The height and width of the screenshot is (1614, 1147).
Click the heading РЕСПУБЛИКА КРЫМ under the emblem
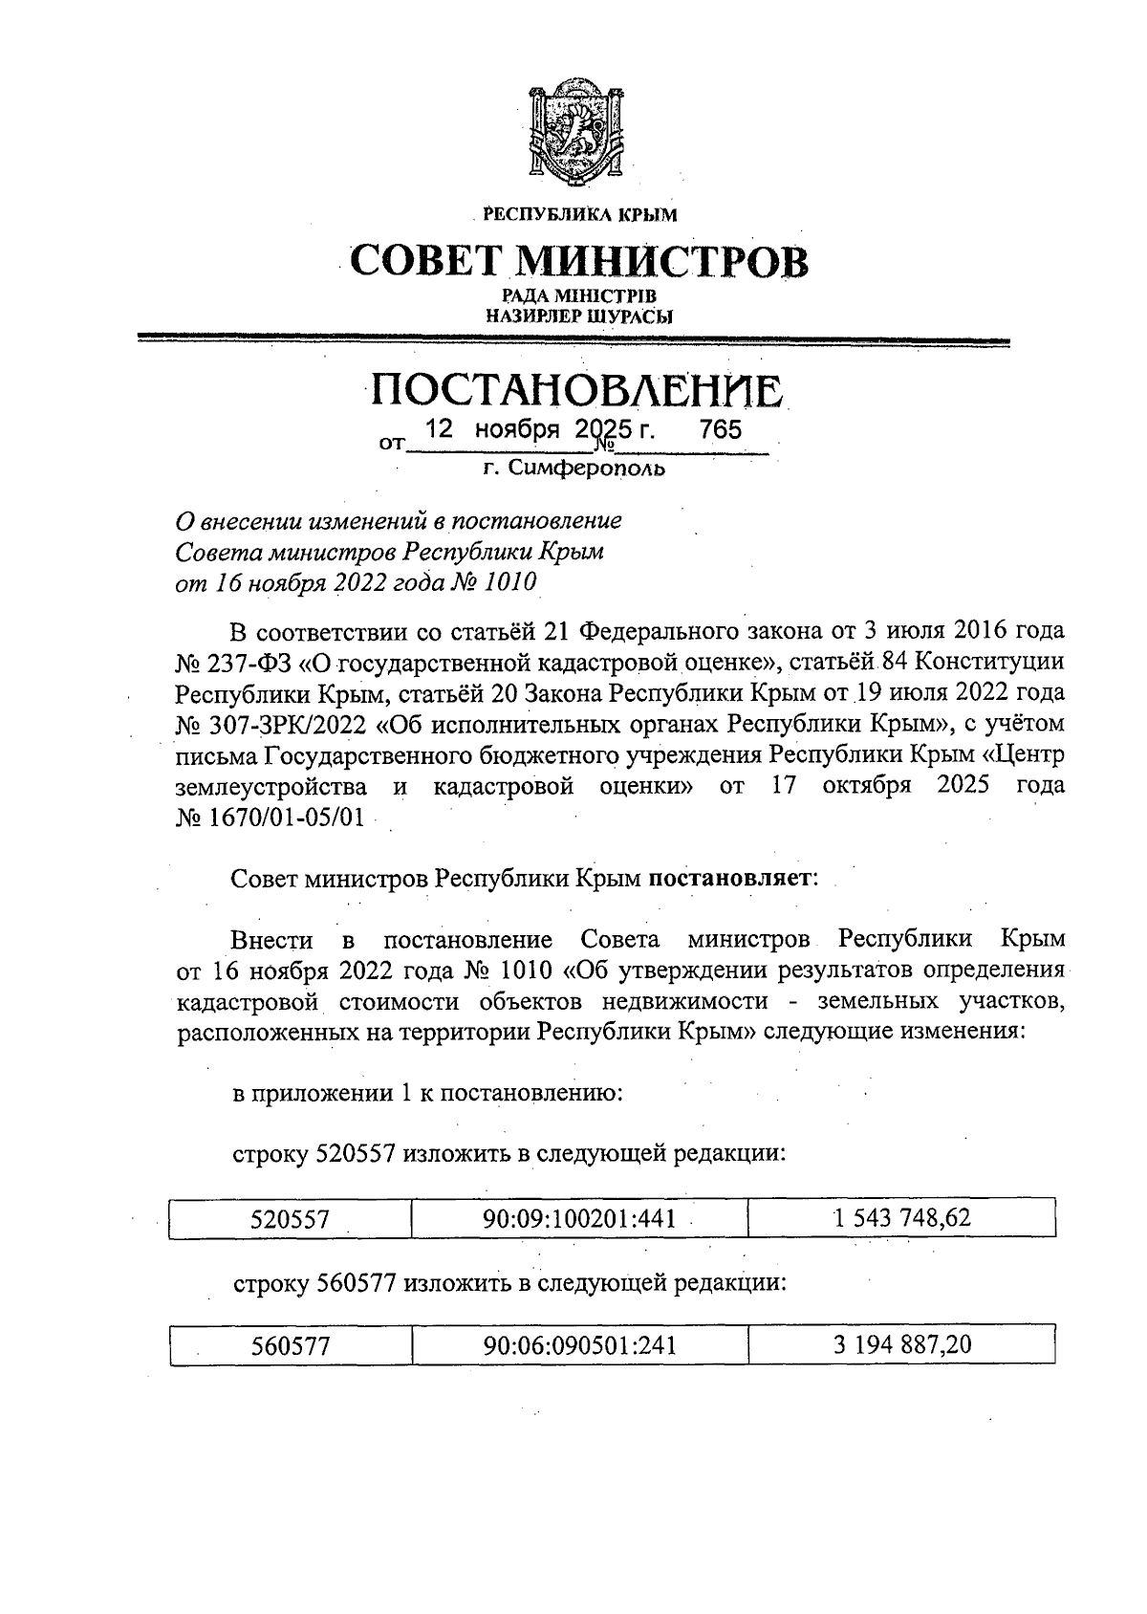tap(579, 215)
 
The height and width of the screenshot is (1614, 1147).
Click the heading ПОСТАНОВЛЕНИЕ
tap(579, 391)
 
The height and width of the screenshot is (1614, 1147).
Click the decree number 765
tap(720, 430)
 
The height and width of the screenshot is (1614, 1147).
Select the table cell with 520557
tap(290, 1219)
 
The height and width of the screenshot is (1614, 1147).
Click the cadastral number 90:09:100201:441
tap(580, 1219)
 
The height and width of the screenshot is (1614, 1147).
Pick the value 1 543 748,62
tap(902, 1218)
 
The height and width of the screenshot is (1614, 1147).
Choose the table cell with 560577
tap(291, 1346)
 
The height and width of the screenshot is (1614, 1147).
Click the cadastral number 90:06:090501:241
tap(580, 1346)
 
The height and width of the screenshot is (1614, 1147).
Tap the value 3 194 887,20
tap(902, 1345)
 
